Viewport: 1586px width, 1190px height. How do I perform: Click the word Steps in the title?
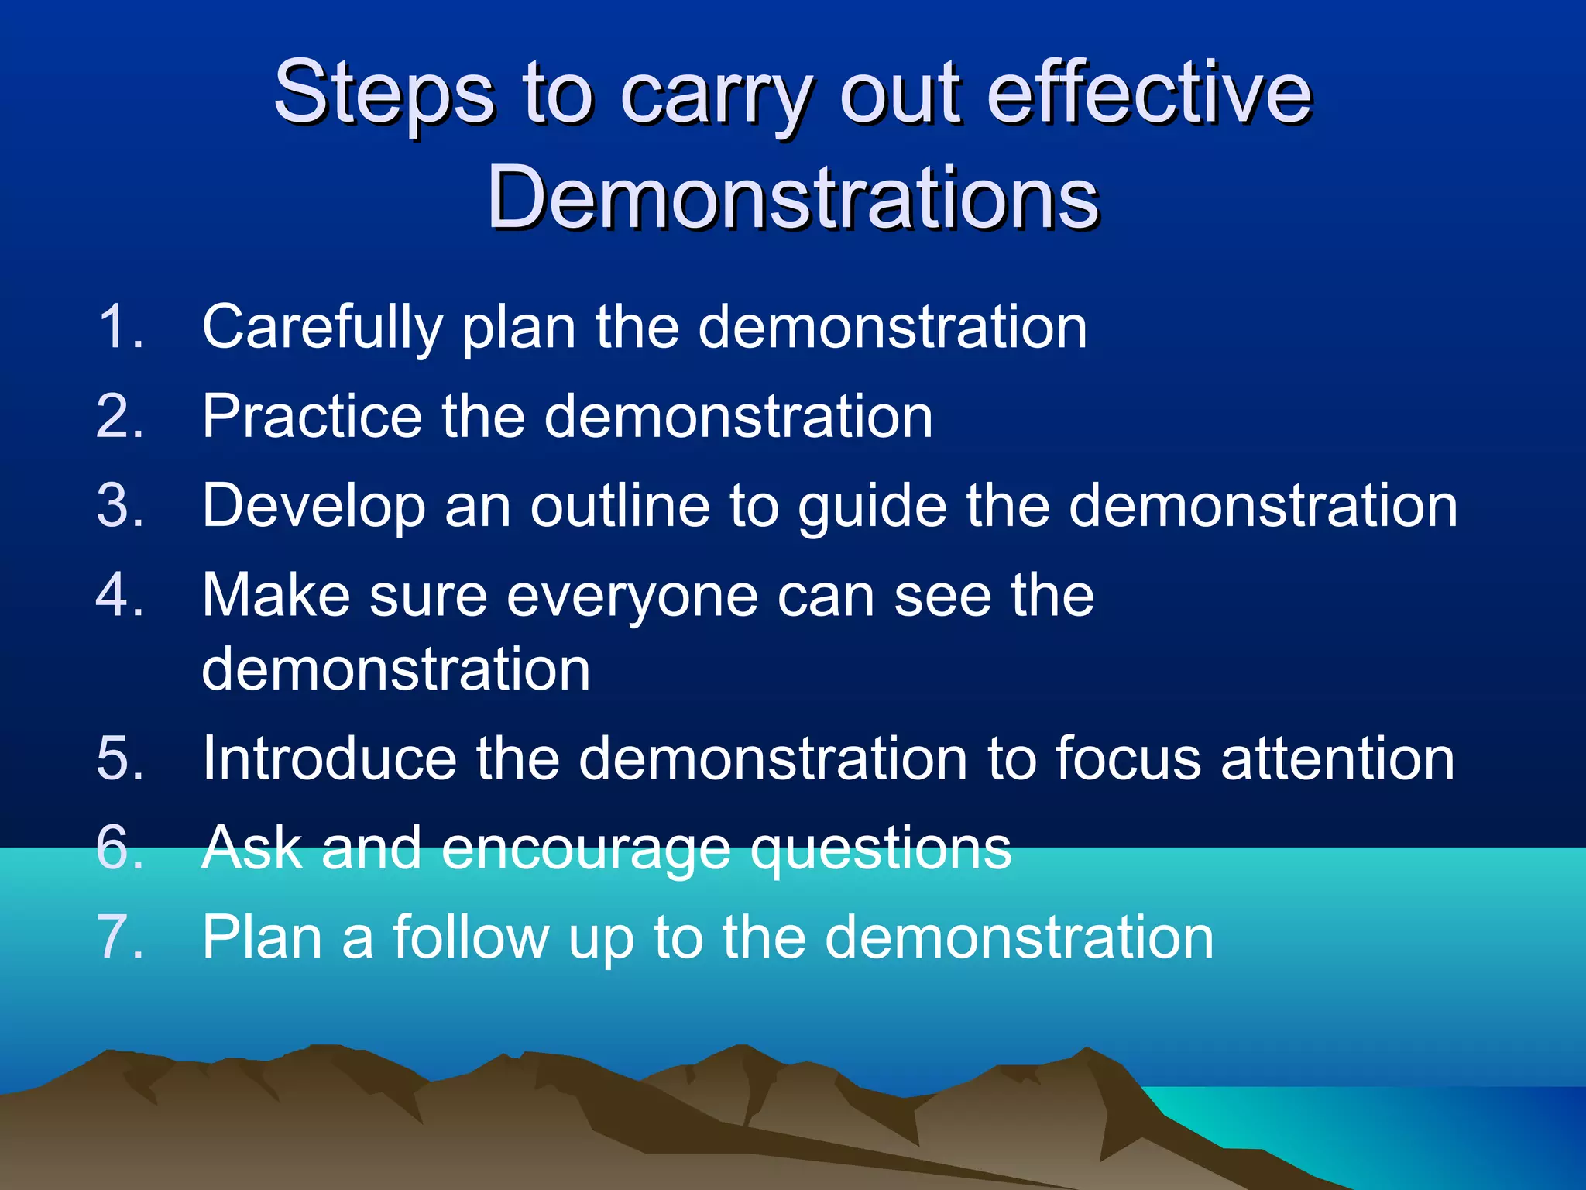coord(383,95)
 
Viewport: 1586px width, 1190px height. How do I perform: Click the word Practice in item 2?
coord(312,417)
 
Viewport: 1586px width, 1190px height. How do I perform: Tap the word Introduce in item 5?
coord(329,758)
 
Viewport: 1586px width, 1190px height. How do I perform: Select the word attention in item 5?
coord(1337,758)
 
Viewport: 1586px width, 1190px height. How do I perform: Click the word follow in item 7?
coord(471,937)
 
